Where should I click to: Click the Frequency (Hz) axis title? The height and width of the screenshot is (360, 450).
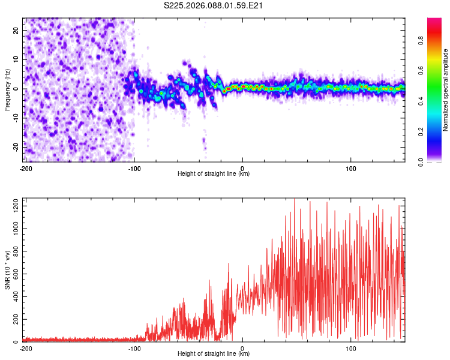pyautogui.click(x=8, y=89)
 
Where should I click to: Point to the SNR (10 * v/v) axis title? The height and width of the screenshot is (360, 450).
pyautogui.click(x=8, y=270)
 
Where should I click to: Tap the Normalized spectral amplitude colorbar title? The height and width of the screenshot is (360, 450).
pyautogui.click(x=446, y=90)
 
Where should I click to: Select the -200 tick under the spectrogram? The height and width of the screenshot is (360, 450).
pyautogui.click(x=25, y=168)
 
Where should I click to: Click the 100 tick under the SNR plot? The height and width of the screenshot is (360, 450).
pyautogui.click(x=351, y=348)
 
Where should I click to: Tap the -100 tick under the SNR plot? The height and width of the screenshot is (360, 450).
pyautogui.click(x=134, y=348)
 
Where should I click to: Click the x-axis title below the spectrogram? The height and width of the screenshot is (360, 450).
pyautogui.click(x=214, y=174)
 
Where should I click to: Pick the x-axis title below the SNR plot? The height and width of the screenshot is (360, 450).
pyautogui.click(x=214, y=354)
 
